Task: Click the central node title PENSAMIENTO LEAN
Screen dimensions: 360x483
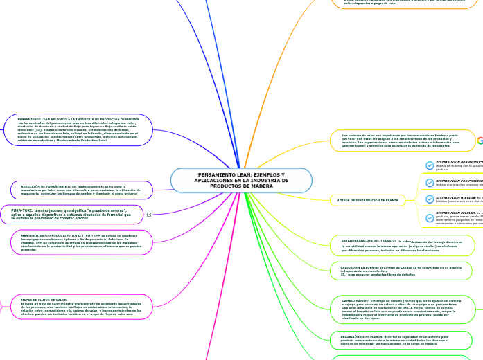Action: point(241,176)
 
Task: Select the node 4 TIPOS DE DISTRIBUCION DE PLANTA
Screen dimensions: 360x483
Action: point(367,200)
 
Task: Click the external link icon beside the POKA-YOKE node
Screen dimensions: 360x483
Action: point(149,215)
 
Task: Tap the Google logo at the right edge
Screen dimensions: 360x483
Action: point(480,141)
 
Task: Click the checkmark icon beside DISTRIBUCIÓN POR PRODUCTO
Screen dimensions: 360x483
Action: point(430,165)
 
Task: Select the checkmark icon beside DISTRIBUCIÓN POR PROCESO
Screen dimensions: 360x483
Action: point(430,182)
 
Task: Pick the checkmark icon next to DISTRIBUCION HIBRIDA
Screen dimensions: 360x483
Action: point(430,199)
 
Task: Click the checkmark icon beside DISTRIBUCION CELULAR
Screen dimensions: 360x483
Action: point(430,217)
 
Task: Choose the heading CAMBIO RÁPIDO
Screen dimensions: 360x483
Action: point(357,300)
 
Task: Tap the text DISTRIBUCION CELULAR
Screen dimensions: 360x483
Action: point(455,213)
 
